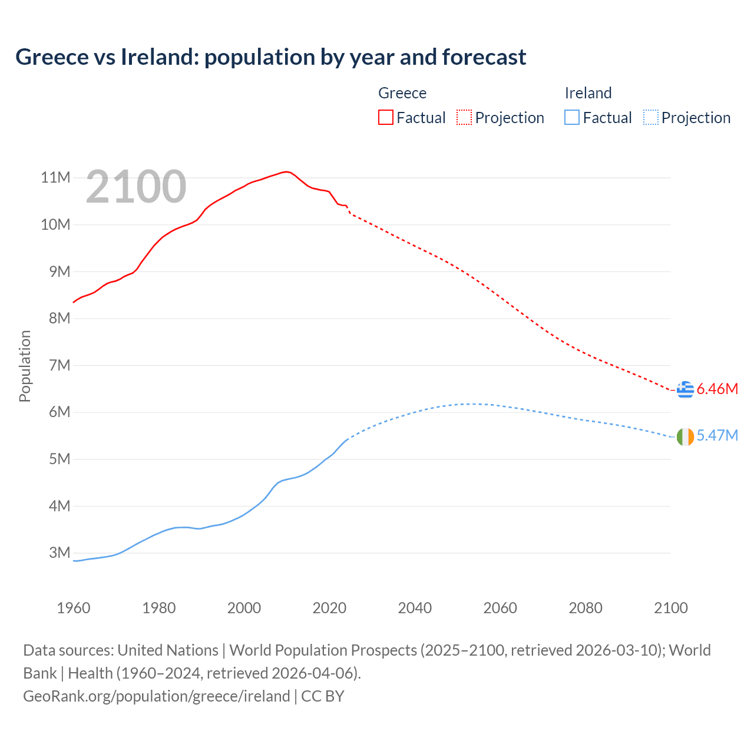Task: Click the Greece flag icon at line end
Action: coord(685,389)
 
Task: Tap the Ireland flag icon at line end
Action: coord(685,436)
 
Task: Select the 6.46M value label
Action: coord(717,389)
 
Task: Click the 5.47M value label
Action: coord(717,436)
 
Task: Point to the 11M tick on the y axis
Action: coord(55,178)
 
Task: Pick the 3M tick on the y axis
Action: coord(59,553)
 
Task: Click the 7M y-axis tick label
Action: coord(59,366)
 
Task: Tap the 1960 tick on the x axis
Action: coord(74,608)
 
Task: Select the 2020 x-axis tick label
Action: coord(329,608)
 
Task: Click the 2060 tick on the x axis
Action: coord(500,608)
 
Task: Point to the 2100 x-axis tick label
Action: coord(670,608)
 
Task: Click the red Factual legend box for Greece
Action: coord(386,118)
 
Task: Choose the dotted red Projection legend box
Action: coord(464,118)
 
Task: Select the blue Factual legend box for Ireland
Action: coord(572,118)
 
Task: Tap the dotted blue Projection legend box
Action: coord(650,118)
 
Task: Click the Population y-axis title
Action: coord(25,366)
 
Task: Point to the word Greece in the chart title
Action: coord(51,57)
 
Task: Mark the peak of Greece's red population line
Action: coord(286,171)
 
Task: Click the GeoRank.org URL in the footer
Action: coord(156,696)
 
